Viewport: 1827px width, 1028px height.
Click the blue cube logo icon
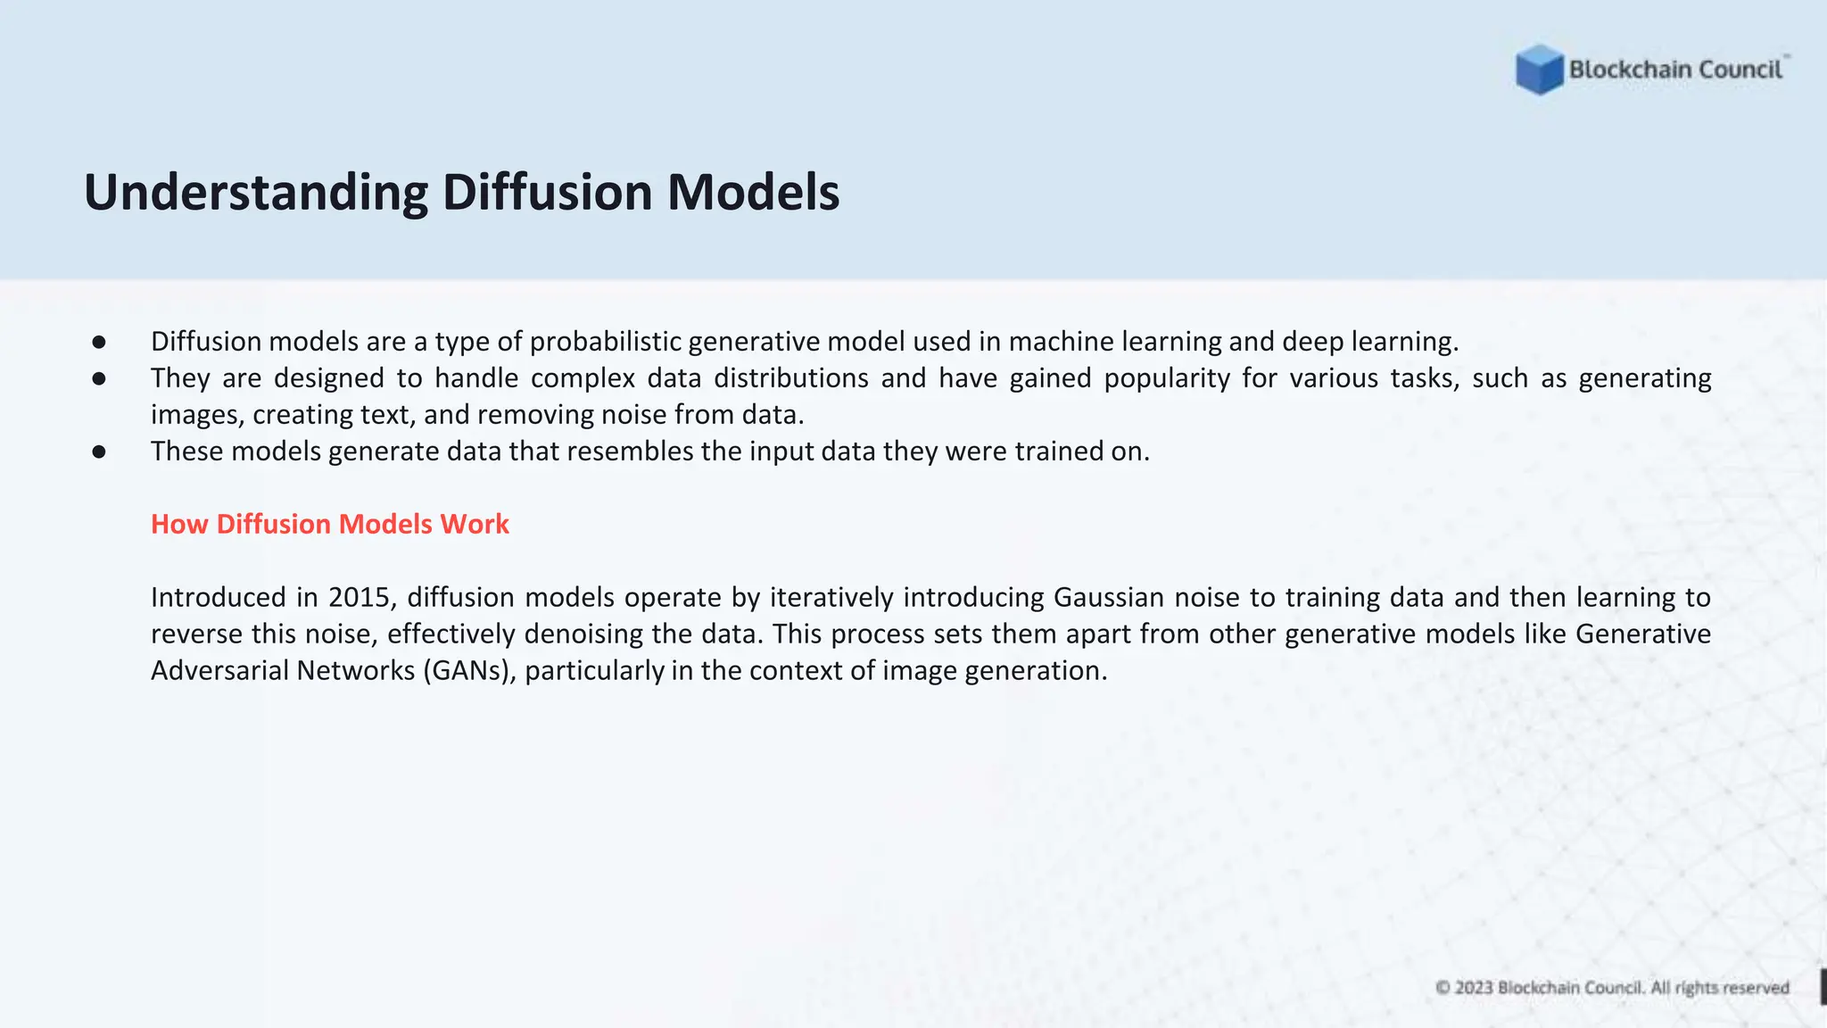tap(1539, 70)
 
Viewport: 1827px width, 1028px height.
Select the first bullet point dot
tap(99, 342)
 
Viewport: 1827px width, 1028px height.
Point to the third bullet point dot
tap(99, 452)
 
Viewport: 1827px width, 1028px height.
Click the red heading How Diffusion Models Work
tap(329, 524)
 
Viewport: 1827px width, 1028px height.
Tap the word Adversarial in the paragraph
tap(219, 670)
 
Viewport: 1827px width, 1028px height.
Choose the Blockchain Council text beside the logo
tap(1675, 70)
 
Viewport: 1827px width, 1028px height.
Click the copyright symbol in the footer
tap(1443, 988)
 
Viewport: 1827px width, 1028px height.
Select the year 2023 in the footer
tap(1474, 988)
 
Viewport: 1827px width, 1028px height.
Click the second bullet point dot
tap(99, 378)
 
